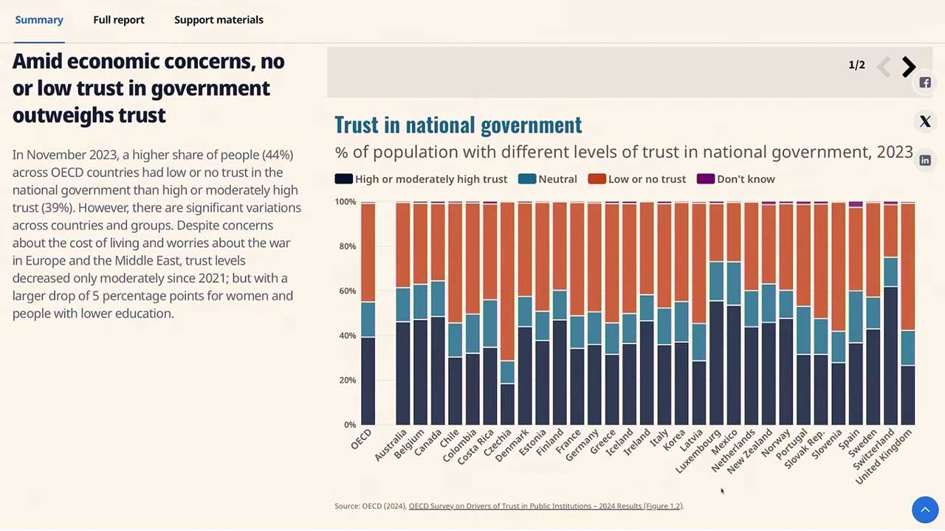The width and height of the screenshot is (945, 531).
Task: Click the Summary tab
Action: tap(39, 20)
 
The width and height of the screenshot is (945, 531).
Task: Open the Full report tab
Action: tap(119, 20)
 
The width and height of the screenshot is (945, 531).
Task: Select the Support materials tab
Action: tap(219, 20)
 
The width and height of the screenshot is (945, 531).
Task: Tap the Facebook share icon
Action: tap(925, 83)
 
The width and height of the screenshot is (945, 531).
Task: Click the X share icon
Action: tap(925, 122)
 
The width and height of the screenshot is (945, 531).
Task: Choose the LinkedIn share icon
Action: tap(925, 160)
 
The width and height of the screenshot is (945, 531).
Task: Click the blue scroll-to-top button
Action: tap(925, 509)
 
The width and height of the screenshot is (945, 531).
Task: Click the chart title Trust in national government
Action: tap(458, 125)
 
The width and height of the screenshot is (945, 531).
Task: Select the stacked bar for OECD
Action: tap(368, 313)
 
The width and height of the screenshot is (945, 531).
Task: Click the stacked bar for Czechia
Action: tap(507, 313)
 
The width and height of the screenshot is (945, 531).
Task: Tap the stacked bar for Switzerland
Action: tap(890, 313)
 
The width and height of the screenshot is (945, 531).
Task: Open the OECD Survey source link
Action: tap(546, 506)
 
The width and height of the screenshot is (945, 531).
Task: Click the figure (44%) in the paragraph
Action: tap(278, 155)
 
